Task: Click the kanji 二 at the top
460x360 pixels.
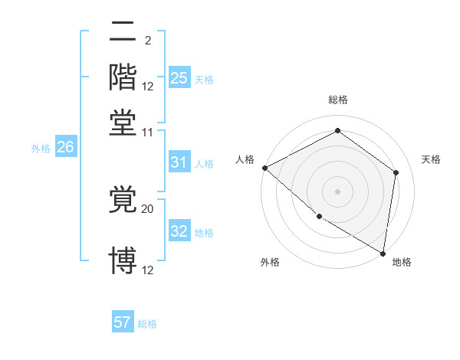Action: (124, 32)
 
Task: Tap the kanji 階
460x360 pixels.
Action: (124, 77)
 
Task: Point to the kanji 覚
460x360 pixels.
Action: (124, 200)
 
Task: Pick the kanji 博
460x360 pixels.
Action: (124, 260)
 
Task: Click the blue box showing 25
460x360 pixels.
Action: (179, 78)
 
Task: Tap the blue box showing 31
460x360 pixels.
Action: (179, 162)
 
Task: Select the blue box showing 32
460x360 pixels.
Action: (179, 232)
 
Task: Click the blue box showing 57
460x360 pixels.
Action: (123, 322)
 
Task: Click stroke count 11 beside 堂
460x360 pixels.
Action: (148, 132)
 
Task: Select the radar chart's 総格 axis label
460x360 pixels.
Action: (338, 100)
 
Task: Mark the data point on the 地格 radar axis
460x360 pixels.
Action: (383, 252)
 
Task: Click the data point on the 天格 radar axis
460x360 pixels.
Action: (396, 172)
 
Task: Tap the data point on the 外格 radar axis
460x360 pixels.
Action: (319, 217)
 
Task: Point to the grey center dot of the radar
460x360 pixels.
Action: (338, 191)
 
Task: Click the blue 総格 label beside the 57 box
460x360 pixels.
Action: (147, 324)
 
